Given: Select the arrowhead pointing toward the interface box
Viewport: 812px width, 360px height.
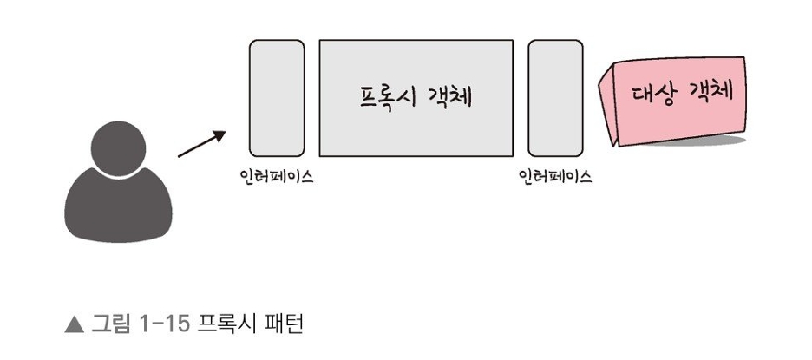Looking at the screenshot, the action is point(219,135).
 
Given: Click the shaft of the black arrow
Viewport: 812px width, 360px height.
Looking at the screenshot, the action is point(197,147).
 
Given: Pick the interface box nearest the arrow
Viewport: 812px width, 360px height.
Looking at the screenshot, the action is point(277,97).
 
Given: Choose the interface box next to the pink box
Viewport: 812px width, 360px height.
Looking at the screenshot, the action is point(555,97).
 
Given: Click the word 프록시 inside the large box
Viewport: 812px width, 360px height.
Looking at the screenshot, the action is point(385,95).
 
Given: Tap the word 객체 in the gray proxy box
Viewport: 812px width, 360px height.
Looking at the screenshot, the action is point(449,95).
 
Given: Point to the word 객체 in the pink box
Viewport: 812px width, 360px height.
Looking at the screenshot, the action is point(710,90).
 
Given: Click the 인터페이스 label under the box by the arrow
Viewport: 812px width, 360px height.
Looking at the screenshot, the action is point(277,177).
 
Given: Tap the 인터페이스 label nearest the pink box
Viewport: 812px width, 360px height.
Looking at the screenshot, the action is point(555,177).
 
